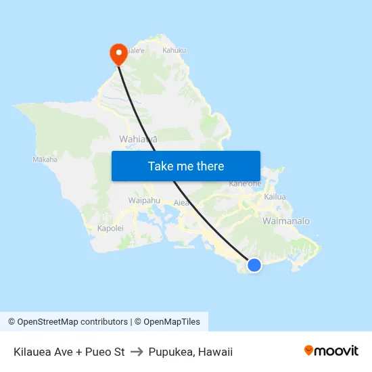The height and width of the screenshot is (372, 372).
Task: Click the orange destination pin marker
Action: pos(118,53)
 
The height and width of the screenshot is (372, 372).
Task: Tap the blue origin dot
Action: pos(254,265)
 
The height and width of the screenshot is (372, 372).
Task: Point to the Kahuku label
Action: pos(174,50)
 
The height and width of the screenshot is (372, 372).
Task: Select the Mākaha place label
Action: pos(45,160)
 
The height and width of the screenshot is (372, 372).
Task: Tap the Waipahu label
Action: pos(144,200)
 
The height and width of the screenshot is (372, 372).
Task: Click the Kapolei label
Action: pos(110,229)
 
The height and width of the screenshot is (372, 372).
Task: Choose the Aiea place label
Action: pos(181,202)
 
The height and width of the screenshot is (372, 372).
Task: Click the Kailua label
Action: pos(275,197)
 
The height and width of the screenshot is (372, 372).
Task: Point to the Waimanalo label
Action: pos(285,221)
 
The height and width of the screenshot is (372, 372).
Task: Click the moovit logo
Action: pos(331,351)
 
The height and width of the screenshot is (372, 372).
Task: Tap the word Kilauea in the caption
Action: pos(32,352)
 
